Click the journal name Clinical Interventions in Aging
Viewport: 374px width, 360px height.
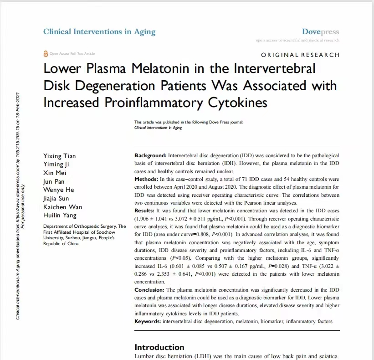click(99, 31)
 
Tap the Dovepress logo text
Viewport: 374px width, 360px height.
click(320, 32)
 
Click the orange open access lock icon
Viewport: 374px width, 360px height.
click(45, 54)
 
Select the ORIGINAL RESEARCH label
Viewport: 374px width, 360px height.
click(300, 55)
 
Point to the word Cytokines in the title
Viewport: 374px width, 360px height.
click(233, 103)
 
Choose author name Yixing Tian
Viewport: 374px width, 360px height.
click(59, 156)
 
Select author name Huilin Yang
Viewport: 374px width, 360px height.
click(60, 216)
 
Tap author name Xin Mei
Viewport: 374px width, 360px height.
click(54, 173)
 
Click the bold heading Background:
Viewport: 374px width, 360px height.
click(151, 156)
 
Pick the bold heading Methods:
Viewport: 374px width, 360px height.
click(147, 180)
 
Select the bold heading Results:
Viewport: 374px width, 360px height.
click(145, 211)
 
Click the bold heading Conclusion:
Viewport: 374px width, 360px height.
click(149, 290)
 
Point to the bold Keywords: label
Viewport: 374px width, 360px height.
click(148, 321)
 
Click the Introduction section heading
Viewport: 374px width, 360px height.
click(159, 347)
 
